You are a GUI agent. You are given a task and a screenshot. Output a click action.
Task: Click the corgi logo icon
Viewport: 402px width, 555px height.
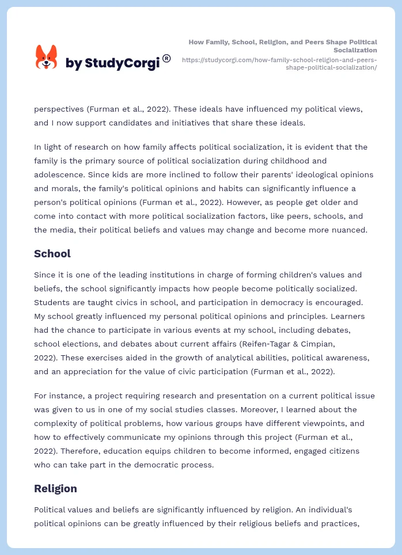click(47, 57)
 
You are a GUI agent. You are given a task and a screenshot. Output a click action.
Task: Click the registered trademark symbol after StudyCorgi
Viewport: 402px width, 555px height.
click(166, 58)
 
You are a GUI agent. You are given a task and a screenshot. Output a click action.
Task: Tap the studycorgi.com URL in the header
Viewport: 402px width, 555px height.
click(279, 63)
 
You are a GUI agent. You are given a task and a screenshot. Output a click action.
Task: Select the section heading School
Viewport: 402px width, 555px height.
click(52, 254)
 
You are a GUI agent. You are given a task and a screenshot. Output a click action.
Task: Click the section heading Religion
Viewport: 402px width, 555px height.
click(55, 489)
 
